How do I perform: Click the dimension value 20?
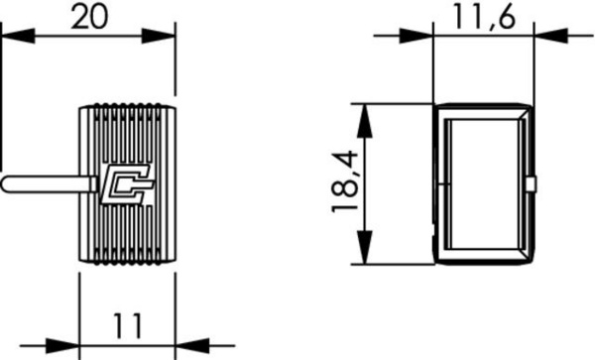(x=89, y=17)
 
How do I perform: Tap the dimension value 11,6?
(x=485, y=16)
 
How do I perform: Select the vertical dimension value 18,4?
(x=344, y=181)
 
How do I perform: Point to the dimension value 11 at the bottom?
(x=128, y=326)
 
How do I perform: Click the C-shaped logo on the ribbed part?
(x=127, y=184)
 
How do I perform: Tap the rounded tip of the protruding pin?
(x=5, y=184)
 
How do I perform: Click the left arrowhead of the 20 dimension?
(x=18, y=36)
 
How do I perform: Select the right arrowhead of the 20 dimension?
(x=159, y=36)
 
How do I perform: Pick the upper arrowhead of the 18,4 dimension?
(x=364, y=120)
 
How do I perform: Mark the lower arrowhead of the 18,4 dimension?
(x=364, y=247)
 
